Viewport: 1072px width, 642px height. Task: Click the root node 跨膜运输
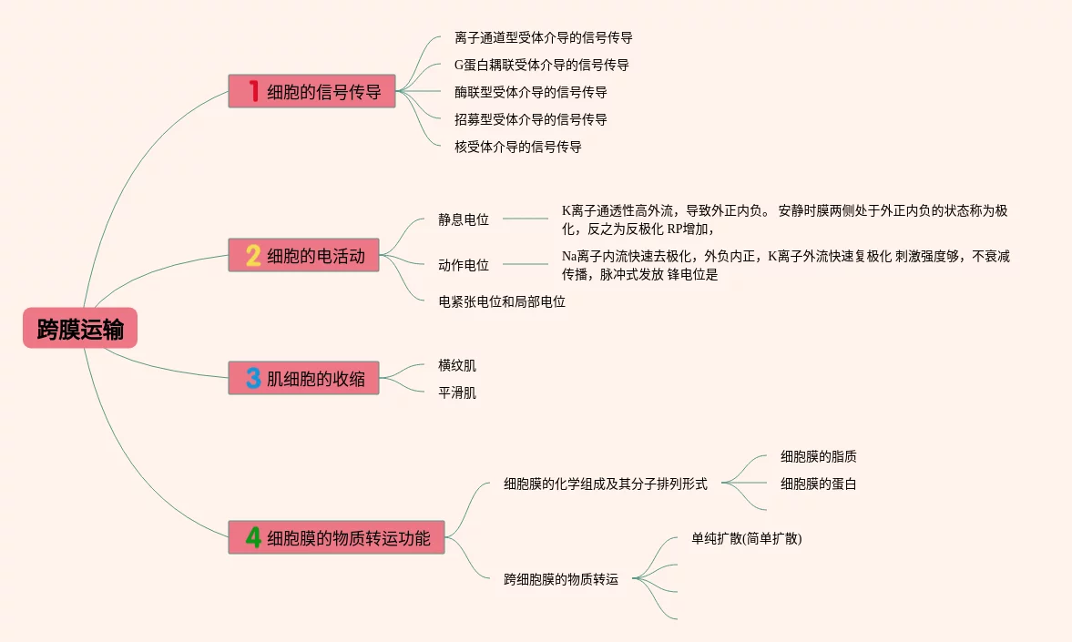(80, 329)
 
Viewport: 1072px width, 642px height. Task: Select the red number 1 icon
(254, 91)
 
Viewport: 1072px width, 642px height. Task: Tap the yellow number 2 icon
(254, 256)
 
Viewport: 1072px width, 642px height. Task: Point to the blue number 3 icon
(254, 378)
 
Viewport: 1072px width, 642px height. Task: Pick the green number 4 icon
(254, 537)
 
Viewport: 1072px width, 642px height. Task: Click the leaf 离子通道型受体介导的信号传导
(543, 38)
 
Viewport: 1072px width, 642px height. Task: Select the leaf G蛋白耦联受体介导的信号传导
(541, 66)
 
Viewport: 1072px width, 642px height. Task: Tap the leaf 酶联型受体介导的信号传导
(530, 92)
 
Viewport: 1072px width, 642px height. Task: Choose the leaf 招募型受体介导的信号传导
(530, 119)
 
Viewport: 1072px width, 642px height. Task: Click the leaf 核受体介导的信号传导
(517, 147)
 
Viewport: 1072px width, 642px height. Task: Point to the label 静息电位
(464, 219)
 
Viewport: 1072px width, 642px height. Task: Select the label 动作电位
(464, 265)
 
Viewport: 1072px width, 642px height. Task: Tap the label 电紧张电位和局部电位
(502, 301)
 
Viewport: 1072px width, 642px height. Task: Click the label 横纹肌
(457, 365)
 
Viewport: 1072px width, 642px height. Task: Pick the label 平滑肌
(457, 392)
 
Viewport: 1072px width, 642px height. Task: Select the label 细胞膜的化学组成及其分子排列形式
(606, 484)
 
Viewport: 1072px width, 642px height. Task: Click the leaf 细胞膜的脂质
(818, 456)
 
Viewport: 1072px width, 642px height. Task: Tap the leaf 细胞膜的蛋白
(818, 484)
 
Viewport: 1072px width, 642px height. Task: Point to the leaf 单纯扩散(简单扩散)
(747, 538)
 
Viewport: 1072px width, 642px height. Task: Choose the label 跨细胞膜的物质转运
(561, 578)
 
